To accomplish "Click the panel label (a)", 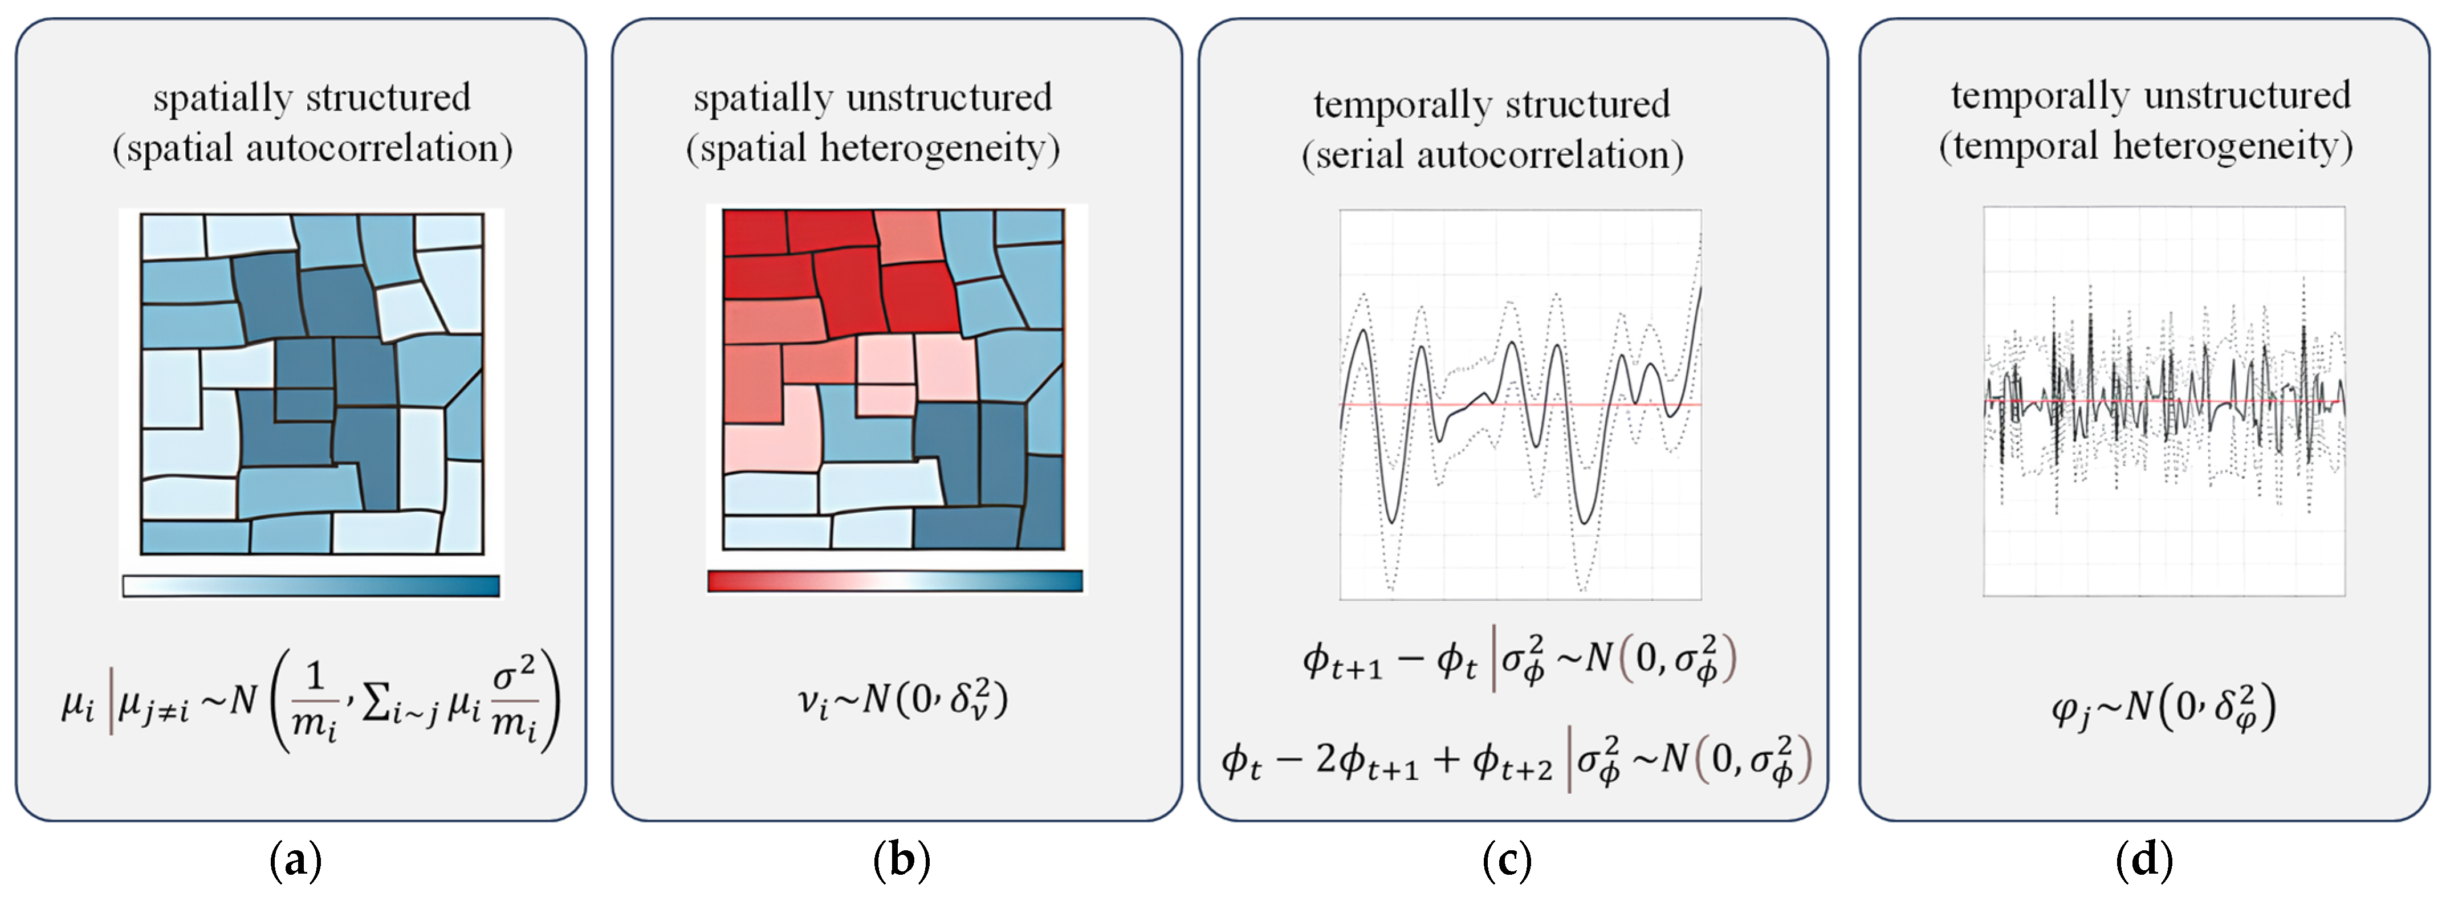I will pyautogui.click(x=296, y=861).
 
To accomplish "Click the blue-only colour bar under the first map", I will pyautogui.click(x=311, y=586).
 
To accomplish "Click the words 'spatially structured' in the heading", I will pyautogui.click(x=312, y=97).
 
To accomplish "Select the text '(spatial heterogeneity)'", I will pyautogui.click(x=873, y=148).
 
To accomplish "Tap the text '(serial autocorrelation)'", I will pyautogui.click(x=1492, y=154).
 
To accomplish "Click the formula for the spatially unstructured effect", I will pyautogui.click(x=902, y=700).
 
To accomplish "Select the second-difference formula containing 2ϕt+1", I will pyautogui.click(x=1515, y=760).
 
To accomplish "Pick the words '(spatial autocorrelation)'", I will pyautogui.click(x=313, y=148).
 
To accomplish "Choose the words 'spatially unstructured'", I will pyautogui.click(x=872, y=97).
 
